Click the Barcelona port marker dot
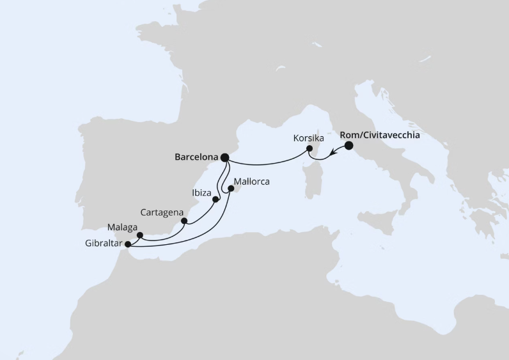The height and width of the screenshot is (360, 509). [x=224, y=157]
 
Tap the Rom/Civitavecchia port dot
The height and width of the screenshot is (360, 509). [x=348, y=145]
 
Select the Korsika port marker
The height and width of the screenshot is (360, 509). [x=309, y=149]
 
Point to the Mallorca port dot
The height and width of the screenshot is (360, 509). [x=231, y=189]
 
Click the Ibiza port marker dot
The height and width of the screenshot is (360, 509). [x=215, y=199]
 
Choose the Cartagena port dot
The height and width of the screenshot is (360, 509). [x=184, y=222]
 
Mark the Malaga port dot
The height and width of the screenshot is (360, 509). [x=140, y=235]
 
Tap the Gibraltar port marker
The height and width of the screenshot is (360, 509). [x=128, y=244]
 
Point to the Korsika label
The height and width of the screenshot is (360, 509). [x=308, y=138]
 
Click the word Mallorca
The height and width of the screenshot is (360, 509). [x=252, y=182]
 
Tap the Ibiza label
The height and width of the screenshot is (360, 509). [x=201, y=191]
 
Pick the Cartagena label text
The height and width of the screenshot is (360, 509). [x=162, y=212]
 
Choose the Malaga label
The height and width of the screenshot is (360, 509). [x=122, y=227]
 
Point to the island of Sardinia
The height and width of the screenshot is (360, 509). [x=313, y=182]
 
